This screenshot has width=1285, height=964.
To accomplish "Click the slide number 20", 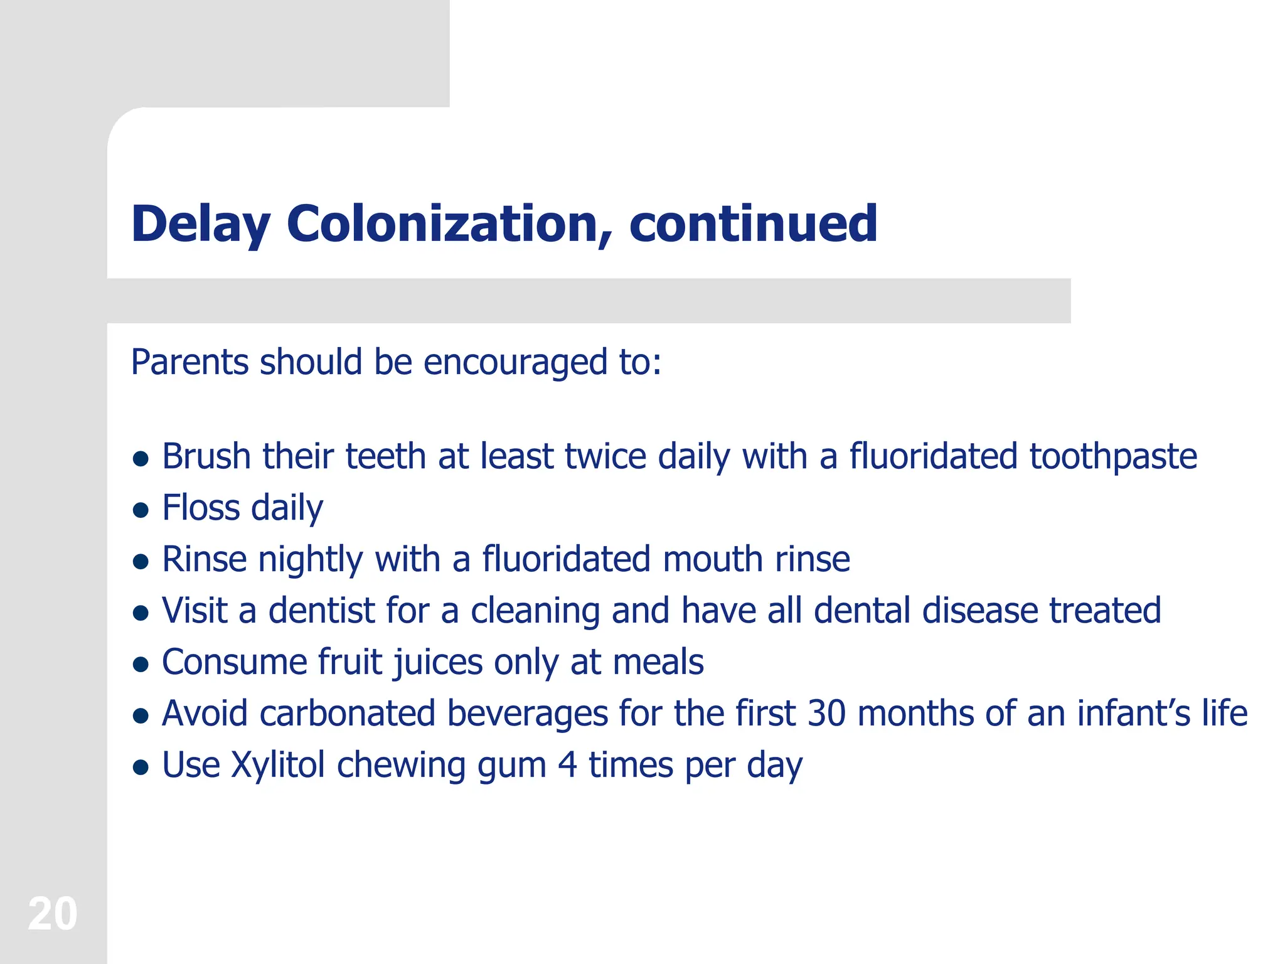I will [53, 914].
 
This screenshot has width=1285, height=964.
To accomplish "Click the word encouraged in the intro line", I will [515, 363].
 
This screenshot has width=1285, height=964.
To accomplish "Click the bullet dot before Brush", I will [141, 459].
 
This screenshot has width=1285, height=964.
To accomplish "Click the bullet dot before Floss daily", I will [141, 510].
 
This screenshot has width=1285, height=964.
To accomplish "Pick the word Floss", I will [201, 508].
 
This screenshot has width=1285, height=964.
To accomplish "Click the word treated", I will [1105, 611].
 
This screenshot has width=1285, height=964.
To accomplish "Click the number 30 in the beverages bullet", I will [826, 714].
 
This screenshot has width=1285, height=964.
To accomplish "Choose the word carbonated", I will [347, 714].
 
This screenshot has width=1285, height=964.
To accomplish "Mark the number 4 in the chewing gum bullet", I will [567, 765].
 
